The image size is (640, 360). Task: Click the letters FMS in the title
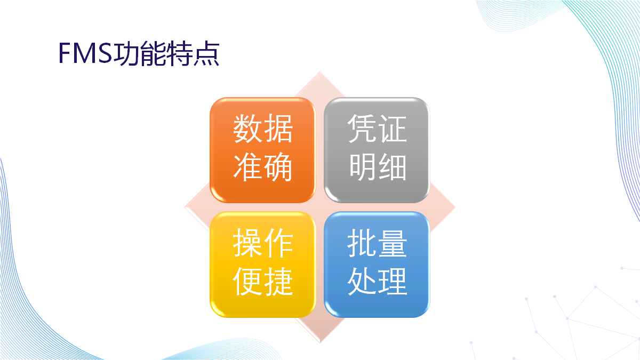point(86,53)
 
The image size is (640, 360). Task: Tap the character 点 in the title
point(206,53)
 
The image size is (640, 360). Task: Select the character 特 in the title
point(180,53)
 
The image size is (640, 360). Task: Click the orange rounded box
point(263,150)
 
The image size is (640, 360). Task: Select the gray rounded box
point(377,150)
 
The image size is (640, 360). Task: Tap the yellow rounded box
point(263,265)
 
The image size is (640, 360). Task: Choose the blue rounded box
point(377,265)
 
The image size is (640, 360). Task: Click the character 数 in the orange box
point(247,129)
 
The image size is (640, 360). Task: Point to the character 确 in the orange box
point(278,167)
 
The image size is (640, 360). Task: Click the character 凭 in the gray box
point(362,129)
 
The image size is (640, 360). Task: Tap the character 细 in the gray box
point(393,167)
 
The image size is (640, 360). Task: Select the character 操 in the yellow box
point(247,243)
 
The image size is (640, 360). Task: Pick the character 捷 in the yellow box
point(278,281)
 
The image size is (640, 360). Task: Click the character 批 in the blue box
point(362,243)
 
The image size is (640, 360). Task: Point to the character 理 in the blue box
point(393,281)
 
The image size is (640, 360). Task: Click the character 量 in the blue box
point(393,243)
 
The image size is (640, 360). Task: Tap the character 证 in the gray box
point(393,129)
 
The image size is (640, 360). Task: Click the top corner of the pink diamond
point(319,71)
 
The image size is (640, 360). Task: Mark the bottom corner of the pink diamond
point(320,342)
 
